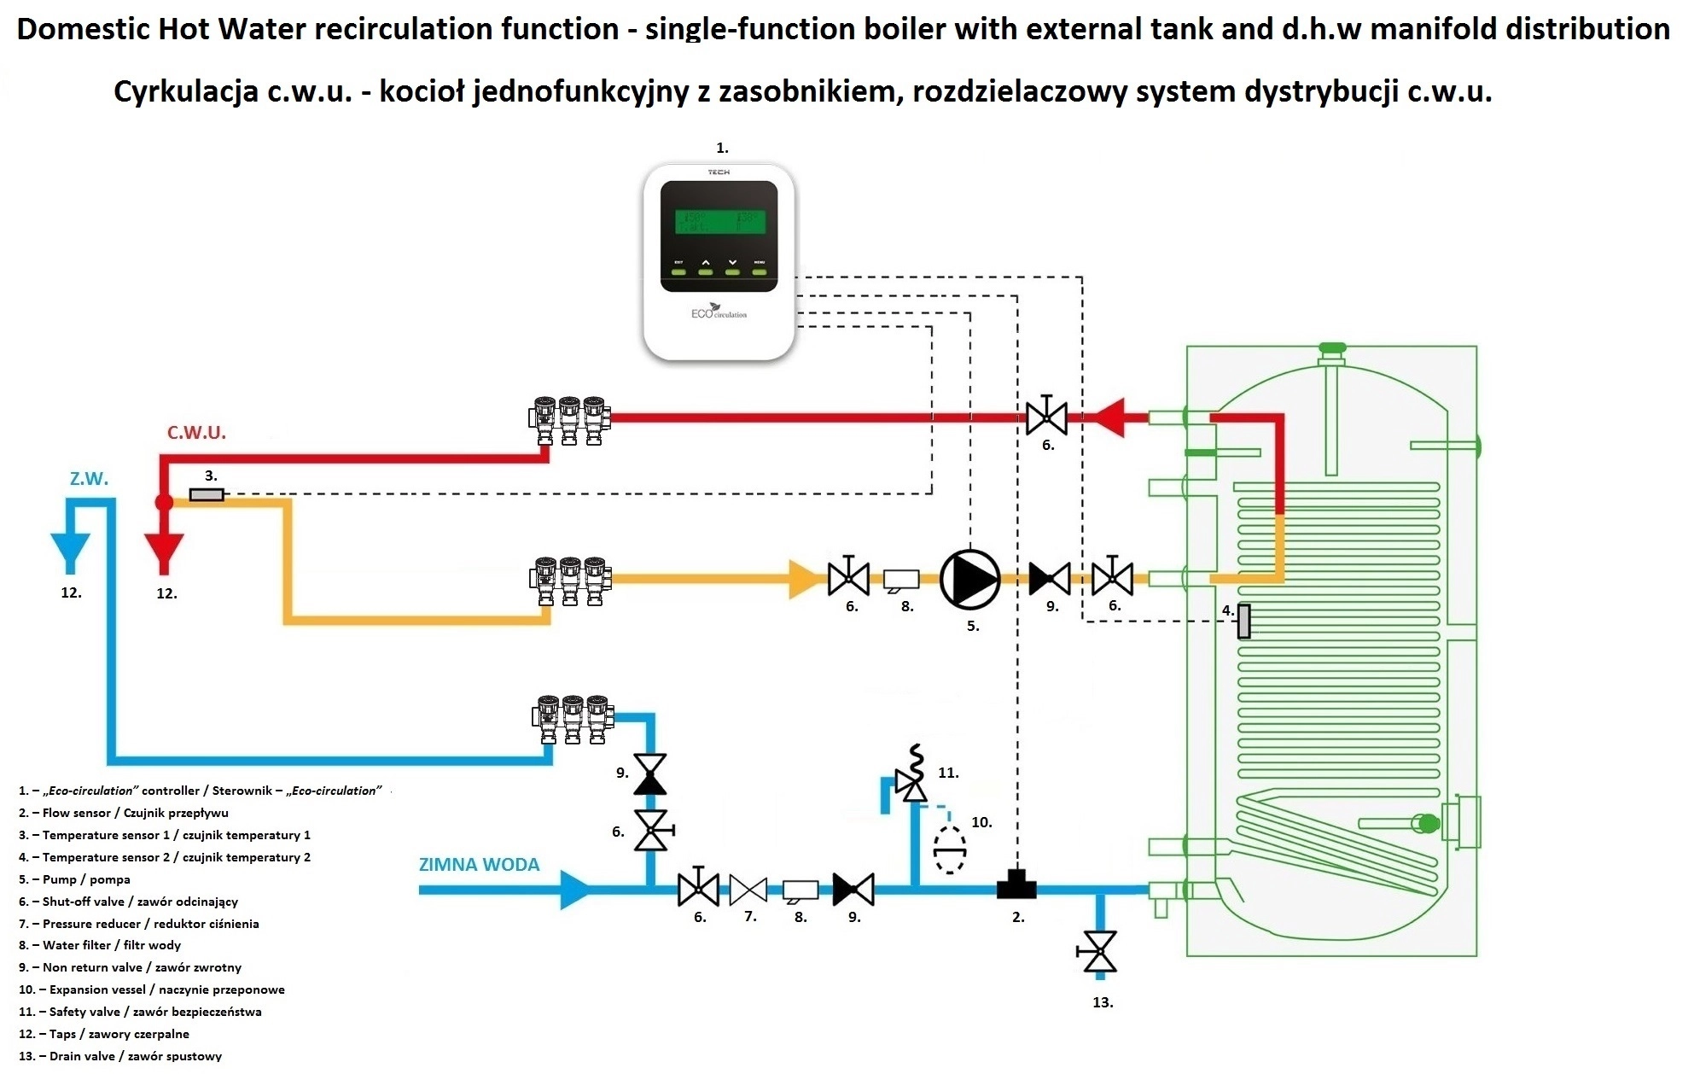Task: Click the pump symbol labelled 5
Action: point(969,579)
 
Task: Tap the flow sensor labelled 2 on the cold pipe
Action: point(1016,884)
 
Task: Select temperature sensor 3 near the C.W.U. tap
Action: point(206,494)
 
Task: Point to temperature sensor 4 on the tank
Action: point(1243,621)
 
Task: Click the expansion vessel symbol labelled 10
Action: point(949,849)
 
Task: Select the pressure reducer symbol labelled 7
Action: point(748,890)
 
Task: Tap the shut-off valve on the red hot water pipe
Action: point(1046,418)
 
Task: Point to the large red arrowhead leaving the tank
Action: point(1109,418)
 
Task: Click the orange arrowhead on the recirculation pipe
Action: point(804,579)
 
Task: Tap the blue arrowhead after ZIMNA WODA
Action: point(575,890)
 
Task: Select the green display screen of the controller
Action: point(719,222)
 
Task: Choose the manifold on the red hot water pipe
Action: point(569,418)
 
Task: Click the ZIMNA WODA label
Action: point(479,865)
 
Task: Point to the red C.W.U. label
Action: point(196,433)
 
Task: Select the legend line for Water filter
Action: point(100,945)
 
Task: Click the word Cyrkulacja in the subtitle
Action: point(186,91)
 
